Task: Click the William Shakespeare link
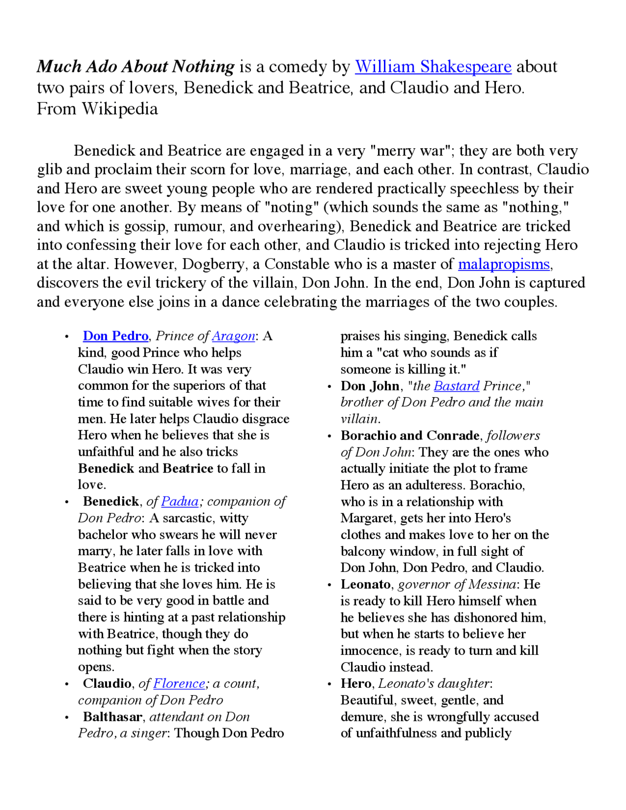point(433,67)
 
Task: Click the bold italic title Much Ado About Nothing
point(135,67)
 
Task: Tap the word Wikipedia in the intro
point(120,109)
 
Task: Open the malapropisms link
point(504,264)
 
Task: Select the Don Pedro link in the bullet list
point(115,336)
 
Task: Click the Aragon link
point(233,336)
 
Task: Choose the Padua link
point(179,501)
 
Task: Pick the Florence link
point(179,683)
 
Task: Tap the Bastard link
point(456,386)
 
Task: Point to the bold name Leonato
point(365,585)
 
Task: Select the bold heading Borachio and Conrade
point(410,435)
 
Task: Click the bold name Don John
point(370,386)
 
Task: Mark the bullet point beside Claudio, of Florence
point(67,684)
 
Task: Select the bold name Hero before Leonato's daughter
point(356,683)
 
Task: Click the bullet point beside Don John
point(330,386)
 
